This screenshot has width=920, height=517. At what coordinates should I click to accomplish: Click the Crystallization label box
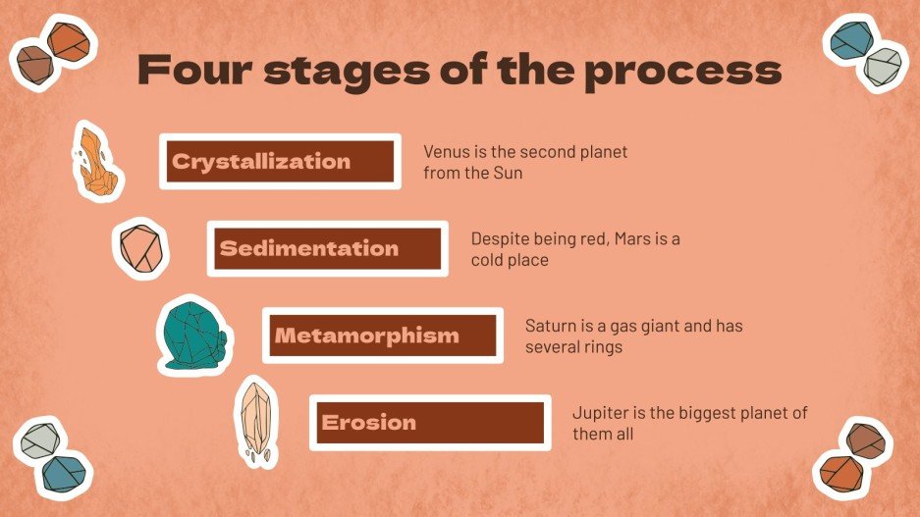[x=280, y=162]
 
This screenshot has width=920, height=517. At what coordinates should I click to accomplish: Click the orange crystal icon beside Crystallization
[x=98, y=160]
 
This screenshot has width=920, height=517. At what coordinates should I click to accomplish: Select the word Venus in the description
[x=447, y=152]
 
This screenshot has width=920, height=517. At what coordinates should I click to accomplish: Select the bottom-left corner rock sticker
[x=54, y=456]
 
